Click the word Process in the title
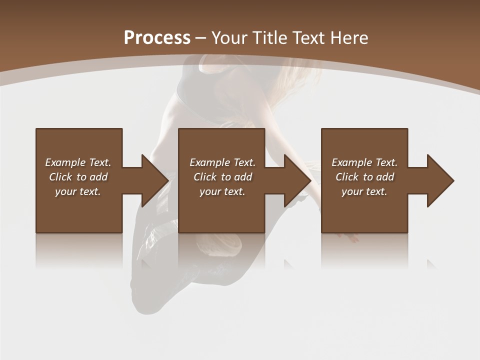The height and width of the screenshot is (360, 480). tap(157, 38)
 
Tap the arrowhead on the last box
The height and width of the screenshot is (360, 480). tap(439, 180)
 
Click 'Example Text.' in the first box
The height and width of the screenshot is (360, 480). tap(78, 162)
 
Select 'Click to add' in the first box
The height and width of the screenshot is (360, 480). tap(78, 177)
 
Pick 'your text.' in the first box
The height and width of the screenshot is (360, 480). tap(78, 191)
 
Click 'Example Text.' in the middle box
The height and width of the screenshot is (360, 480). tap(222, 162)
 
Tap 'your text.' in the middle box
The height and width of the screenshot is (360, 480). tap(222, 191)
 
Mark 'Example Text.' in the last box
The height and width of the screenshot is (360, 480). tap(364, 162)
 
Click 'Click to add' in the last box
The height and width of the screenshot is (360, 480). tap(365, 177)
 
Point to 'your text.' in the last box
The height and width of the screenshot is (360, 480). tap(364, 191)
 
